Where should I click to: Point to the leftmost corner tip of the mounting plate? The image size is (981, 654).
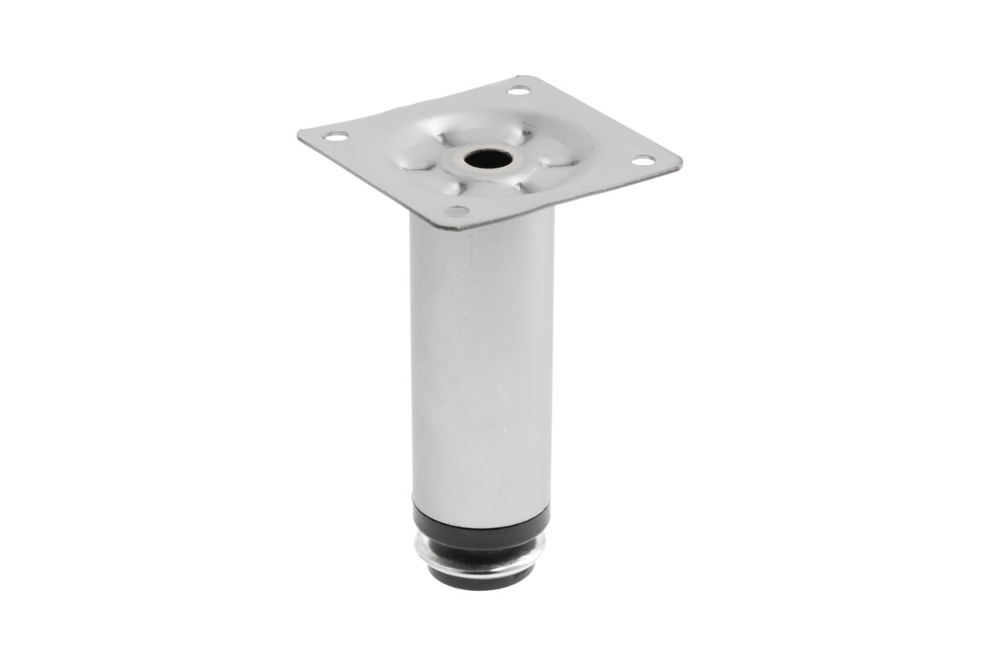(x=298, y=133)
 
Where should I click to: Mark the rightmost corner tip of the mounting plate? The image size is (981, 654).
(x=681, y=161)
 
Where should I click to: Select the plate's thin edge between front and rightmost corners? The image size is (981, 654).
(x=572, y=197)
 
